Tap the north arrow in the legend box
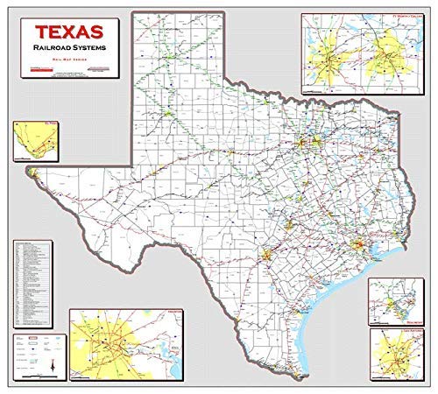52,364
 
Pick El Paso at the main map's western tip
32,173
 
